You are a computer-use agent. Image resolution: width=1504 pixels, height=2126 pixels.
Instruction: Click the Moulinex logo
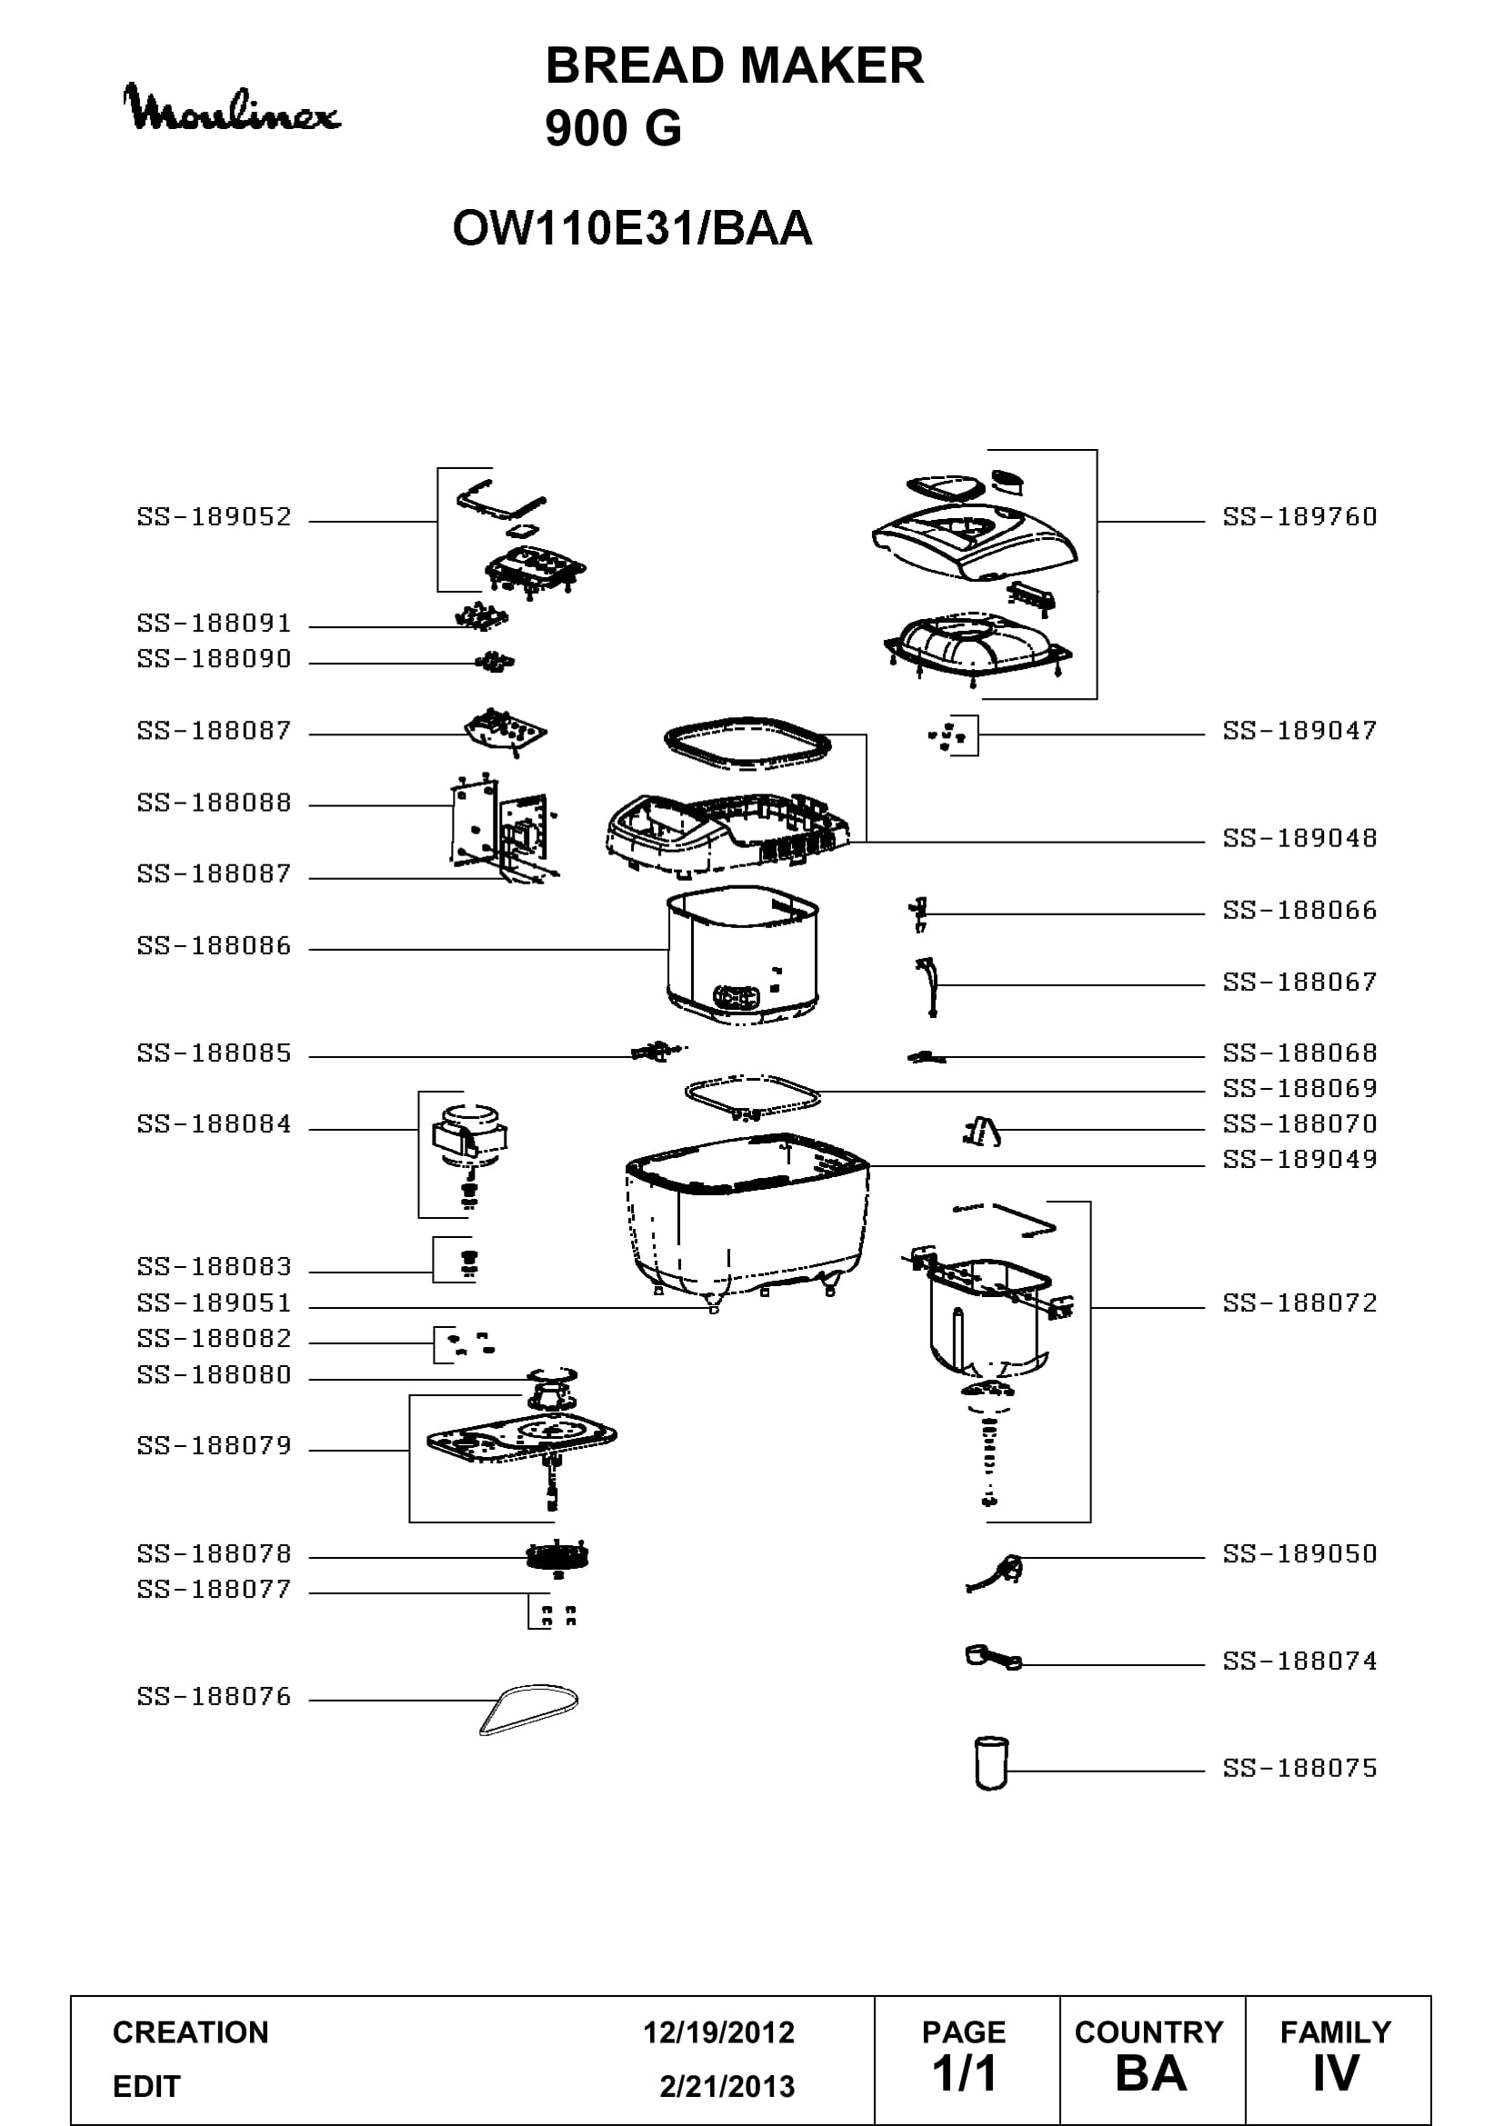(232, 108)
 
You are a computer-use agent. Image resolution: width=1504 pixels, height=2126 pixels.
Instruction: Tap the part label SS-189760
(1299, 516)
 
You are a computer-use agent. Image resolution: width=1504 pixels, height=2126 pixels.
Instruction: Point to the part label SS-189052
(214, 516)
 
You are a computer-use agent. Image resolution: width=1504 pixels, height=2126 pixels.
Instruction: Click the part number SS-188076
(214, 1696)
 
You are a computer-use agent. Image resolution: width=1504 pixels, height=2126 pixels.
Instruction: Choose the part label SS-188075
(1299, 1768)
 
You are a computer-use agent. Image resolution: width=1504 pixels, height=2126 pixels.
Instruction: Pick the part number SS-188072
(1299, 1303)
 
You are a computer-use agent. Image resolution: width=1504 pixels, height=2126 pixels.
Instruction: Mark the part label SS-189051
(214, 1303)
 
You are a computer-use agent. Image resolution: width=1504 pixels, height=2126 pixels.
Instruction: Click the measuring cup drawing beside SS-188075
(991, 1762)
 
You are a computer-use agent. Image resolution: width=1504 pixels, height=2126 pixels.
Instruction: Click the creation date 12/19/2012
(718, 2032)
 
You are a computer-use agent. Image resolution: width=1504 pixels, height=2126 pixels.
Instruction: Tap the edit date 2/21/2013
(727, 2087)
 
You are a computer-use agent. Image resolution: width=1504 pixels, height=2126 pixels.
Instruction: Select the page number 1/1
(964, 2074)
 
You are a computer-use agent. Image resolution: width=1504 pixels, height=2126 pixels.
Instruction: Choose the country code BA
(1151, 2074)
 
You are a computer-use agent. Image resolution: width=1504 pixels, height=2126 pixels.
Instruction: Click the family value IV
(1336, 2074)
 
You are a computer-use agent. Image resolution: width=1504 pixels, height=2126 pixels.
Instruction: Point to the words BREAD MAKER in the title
(735, 65)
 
